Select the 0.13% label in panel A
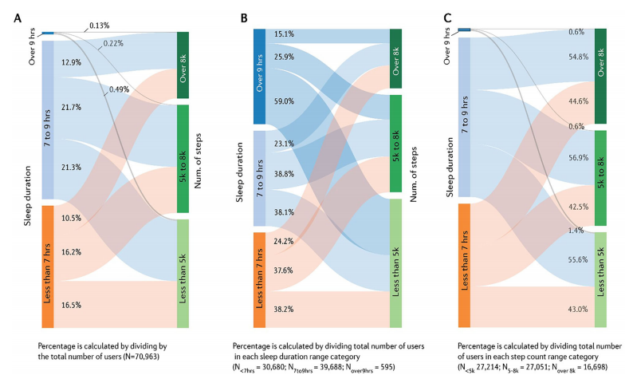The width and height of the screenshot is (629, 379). (x=100, y=26)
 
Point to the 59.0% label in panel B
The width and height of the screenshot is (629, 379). (x=285, y=101)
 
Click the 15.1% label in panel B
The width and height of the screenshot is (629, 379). (x=285, y=34)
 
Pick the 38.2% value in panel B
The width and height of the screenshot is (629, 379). (x=285, y=308)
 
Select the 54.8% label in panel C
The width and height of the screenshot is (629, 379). (x=579, y=57)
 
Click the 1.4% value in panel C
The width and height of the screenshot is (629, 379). (x=575, y=230)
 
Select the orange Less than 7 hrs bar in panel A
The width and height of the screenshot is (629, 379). (x=48, y=266)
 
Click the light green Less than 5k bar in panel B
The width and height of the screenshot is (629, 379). (x=395, y=263)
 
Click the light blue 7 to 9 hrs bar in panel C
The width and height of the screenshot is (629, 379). (x=465, y=116)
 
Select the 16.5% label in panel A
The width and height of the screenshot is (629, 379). (x=72, y=305)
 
